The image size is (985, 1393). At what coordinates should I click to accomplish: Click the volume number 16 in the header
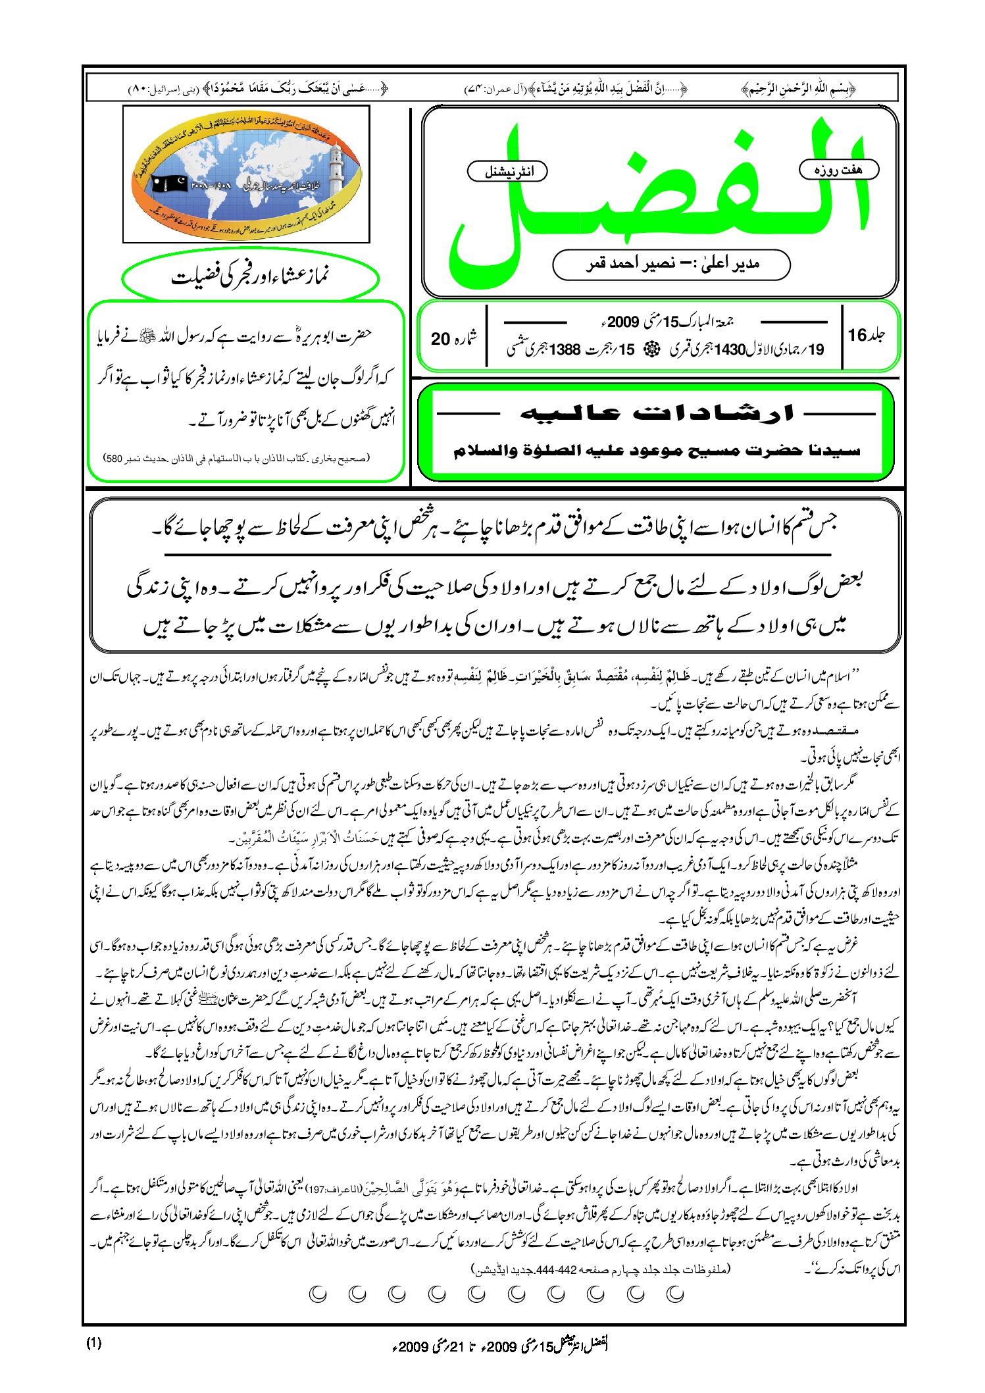pyautogui.click(x=857, y=335)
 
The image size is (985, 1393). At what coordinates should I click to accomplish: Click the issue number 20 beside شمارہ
pyautogui.click(x=440, y=338)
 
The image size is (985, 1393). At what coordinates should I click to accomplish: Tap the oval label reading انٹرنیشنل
pyautogui.click(x=507, y=172)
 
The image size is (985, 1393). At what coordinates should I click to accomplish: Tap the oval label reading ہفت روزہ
pyautogui.click(x=838, y=170)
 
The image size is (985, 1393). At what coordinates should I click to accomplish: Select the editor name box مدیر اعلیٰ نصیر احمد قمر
pyautogui.click(x=671, y=265)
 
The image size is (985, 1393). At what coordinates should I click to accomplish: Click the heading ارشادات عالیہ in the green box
pyautogui.click(x=656, y=413)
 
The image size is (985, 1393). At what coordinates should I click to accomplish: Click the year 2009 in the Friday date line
pyautogui.click(x=622, y=322)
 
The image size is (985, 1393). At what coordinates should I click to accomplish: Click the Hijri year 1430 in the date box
pyautogui.click(x=729, y=350)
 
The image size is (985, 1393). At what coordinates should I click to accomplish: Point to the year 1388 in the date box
pyautogui.click(x=565, y=350)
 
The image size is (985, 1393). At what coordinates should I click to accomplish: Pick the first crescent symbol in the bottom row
pyautogui.click(x=675, y=1294)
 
